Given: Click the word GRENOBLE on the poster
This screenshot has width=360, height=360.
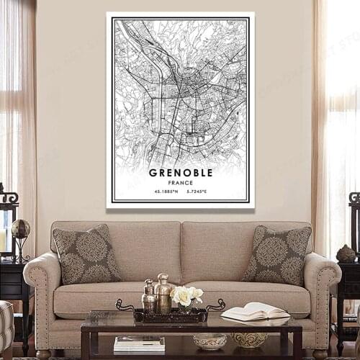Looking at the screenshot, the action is [x=180, y=173].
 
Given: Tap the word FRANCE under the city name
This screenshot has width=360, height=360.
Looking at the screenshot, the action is [x=180, y=183].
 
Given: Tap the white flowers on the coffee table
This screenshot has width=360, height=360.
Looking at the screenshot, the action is [x=186, y=295].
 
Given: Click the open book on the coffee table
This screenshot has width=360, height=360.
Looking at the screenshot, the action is [x=255, y=311].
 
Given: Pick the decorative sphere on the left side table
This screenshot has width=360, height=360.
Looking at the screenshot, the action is [x=21, y=230].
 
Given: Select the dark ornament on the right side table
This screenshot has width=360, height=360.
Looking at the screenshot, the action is [x=346, y=253].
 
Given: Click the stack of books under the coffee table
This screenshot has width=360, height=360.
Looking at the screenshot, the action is [x=139, y=343].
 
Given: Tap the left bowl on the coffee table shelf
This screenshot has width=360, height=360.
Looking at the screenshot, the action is [x=210, y=341].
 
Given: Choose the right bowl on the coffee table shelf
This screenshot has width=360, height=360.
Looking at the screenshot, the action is [x=250, y=339].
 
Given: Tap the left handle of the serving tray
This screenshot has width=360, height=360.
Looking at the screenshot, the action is [x=124, y=305].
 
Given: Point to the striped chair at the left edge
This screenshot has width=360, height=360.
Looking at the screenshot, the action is [x=5, y=328].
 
